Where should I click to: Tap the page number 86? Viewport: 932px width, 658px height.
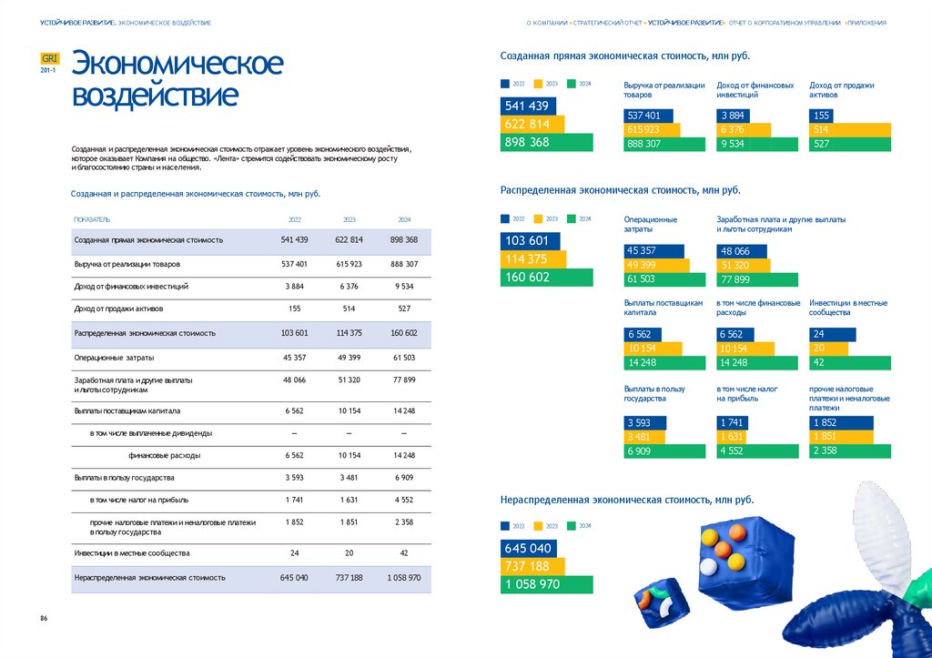pos(44,619)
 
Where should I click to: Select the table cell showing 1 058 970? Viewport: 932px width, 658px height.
pos(403,577)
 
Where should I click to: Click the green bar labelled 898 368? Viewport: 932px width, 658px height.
pos(546,143)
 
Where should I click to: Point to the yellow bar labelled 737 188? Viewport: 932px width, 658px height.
pos(532,567)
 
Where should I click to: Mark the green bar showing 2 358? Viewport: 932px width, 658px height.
pos(849,450)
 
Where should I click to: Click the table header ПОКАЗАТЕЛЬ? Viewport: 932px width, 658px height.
pos(92,219)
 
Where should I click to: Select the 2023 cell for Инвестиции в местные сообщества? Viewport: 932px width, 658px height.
pos(349,553)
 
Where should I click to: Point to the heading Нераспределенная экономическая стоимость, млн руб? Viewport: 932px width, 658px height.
pos(627,500)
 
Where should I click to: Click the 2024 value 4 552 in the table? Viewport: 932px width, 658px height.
pos(403,500)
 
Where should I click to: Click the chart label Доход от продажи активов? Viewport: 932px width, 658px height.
pos(841,89)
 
